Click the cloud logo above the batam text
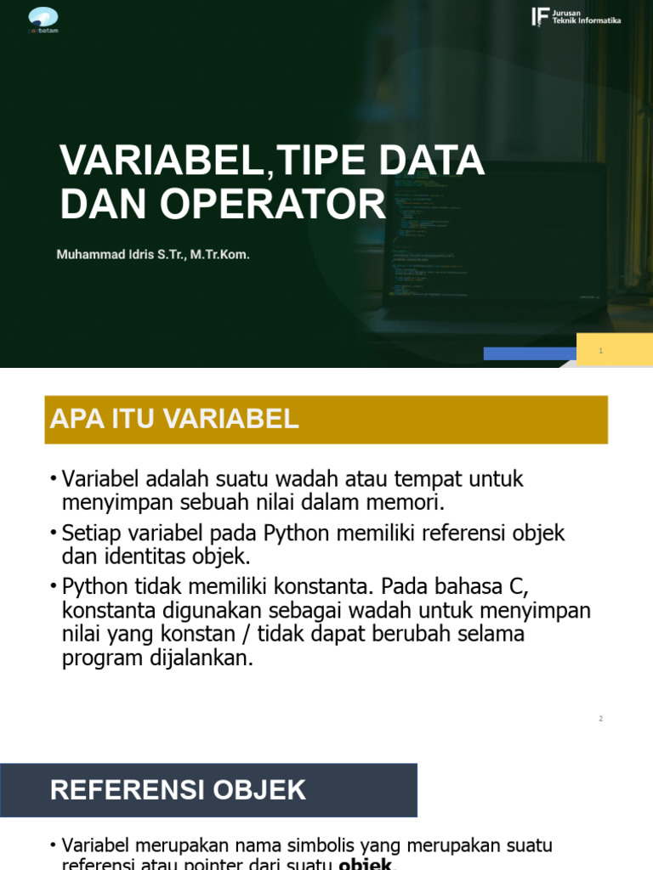[x=43, y=16]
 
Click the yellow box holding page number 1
[x=614, y=350]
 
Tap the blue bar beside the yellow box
[x=530, y=353]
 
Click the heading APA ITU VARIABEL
[x=174, y=419]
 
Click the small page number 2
[x=600, y=719]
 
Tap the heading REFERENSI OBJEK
[x=178, y=790]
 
